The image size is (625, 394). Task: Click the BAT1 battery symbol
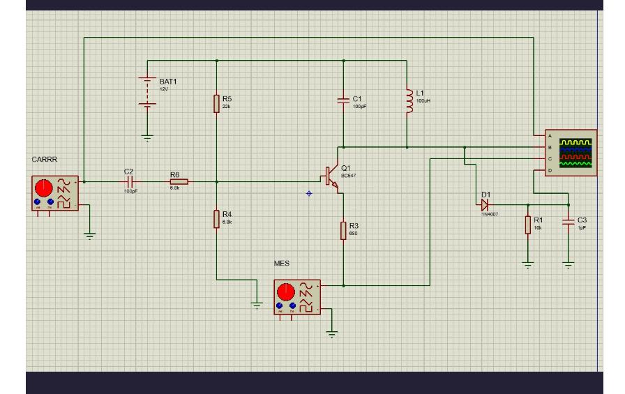point(147,91)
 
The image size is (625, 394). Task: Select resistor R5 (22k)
point(217,104)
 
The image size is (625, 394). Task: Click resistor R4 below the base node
point(217,219)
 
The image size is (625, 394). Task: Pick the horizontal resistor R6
point(178,181)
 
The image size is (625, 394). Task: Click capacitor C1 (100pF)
point(343,101)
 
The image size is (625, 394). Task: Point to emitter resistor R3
point(344,230)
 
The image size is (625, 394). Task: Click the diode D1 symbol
point(483,204)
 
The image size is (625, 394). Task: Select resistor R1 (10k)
point(528,225)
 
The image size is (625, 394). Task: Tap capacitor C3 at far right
point(568,223)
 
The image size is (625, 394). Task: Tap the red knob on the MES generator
point(285,291)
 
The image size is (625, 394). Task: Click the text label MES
point(281,264)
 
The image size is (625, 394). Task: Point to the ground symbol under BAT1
point(147,137)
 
